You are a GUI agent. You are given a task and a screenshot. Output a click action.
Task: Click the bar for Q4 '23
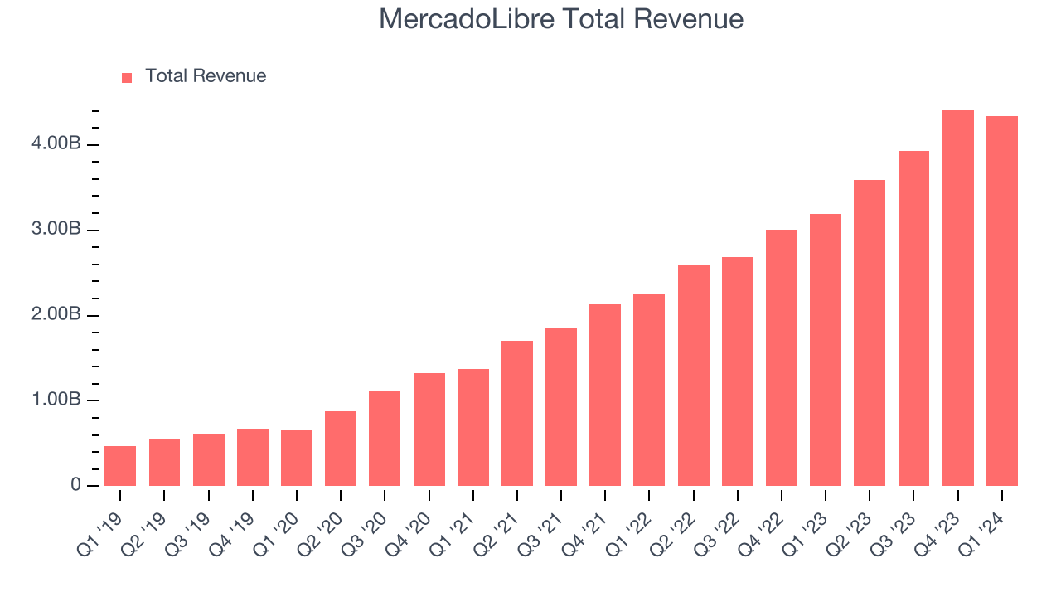click(x=957, y=298)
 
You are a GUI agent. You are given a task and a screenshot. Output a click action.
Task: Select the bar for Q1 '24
click(x=1001, y=301)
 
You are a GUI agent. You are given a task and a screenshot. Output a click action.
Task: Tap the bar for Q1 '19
click(x=120, y=466)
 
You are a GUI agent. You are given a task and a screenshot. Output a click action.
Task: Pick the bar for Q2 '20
click(x=340, y=449)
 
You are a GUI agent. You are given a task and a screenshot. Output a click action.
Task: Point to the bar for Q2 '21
click(x=516, y=413)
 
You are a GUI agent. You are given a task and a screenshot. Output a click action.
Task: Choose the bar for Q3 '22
click(x=737, y=371)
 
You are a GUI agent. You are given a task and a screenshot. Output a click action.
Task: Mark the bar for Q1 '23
click(x=825, y=350)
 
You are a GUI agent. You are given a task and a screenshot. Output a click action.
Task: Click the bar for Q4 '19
click(x=252, y=457)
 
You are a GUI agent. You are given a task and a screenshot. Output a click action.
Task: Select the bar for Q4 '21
click(x=604, y=395)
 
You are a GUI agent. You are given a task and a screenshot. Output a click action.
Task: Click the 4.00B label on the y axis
click(x=57, y=144)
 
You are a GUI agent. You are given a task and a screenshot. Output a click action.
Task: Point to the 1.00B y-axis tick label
click(x=57, y=400)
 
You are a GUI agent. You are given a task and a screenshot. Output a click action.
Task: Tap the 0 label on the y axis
click(x=75, y=485)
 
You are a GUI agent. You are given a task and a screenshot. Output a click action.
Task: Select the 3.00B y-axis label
click(x=57, y=230)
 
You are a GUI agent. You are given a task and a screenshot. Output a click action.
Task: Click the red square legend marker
click(x=127, y=78)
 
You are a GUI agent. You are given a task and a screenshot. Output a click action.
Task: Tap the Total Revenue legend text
click(x=206, y=76)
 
